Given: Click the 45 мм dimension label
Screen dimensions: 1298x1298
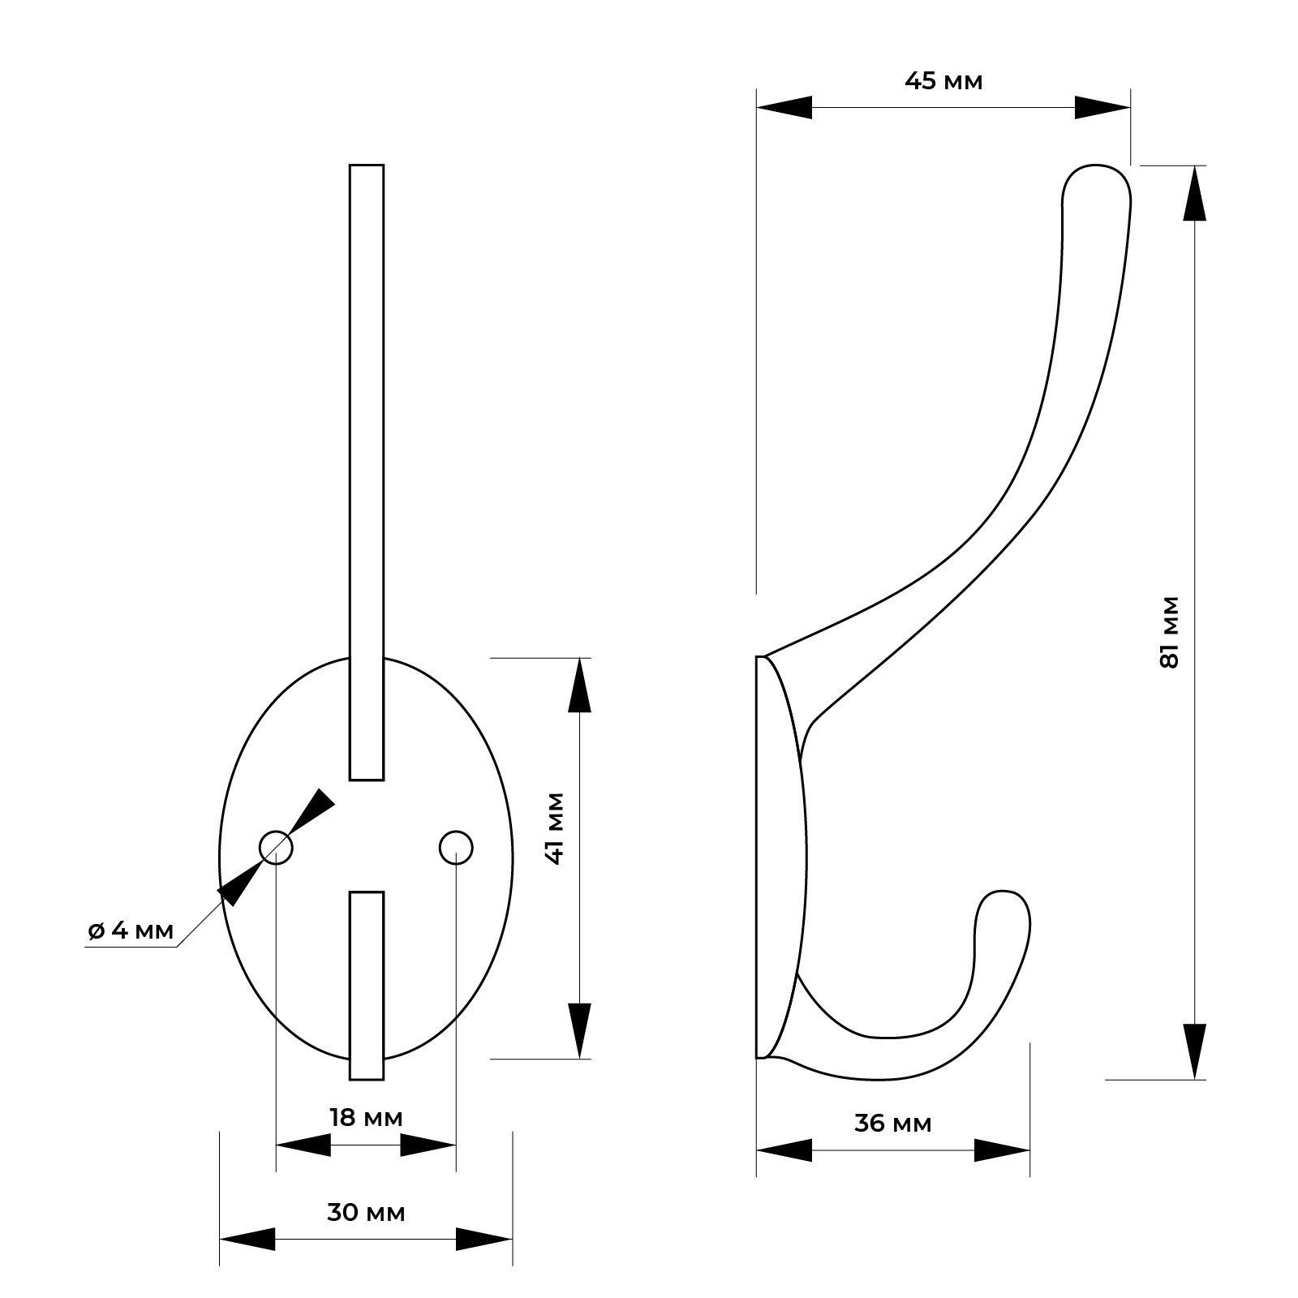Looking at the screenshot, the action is tap(943, 81).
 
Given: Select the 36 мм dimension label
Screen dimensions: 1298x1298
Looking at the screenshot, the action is tap(892, 1124).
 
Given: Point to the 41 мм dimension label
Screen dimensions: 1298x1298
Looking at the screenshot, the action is tap(555, 828).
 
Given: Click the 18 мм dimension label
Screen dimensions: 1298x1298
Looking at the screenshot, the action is tap(366, 1117).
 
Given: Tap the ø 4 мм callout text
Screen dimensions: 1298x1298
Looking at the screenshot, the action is tap(131, 931).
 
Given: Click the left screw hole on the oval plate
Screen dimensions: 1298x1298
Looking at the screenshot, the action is tap(276, 848).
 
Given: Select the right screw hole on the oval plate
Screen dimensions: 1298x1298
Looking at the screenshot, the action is tap(456, 848).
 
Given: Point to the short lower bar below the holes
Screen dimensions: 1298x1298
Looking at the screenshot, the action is tap(366, 986).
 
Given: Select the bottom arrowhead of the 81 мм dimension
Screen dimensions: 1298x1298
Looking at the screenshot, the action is tap(1193, 1051).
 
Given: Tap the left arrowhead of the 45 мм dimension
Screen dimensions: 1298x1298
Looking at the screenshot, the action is tap(784, 107).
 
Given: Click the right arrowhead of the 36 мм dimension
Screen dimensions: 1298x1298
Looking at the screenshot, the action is tap(1002, 1150).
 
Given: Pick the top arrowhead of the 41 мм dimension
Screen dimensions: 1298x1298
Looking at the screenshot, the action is tap(578, 686).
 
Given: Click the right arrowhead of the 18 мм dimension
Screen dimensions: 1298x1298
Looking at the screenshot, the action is tap(428, 1145).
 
